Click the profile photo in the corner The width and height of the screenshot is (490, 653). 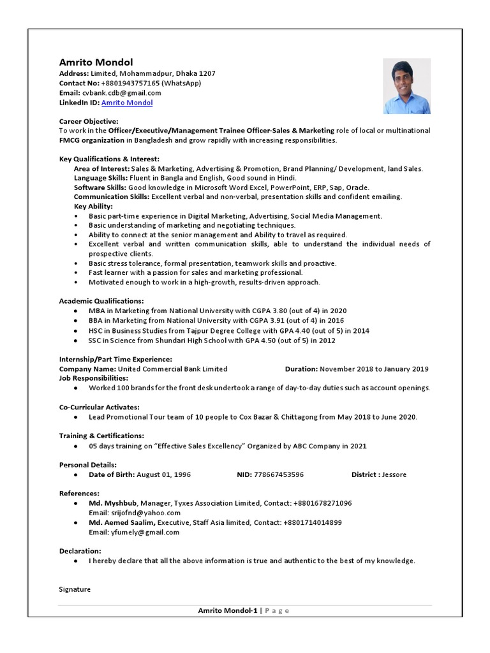[406, 86]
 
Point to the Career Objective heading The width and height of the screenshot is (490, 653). [89, 121]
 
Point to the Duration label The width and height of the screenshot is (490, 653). [301, 369]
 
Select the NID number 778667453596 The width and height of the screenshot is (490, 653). [279, 475]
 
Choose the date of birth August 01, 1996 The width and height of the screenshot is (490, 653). [163, 475]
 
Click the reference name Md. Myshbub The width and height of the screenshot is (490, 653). [113, 503]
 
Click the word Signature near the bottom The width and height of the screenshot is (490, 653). [75, 589]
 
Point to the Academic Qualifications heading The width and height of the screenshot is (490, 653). [101, 300]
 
